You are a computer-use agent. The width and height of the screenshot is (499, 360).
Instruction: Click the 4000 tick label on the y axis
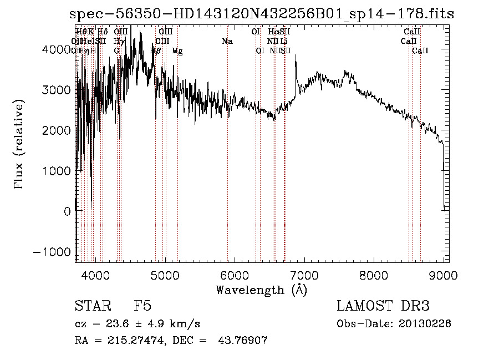(x=57, y=49)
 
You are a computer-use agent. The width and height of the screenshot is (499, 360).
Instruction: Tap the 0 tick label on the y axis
(x=66, y=211)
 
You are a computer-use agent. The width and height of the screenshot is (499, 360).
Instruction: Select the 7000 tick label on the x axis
(x=304, y=275)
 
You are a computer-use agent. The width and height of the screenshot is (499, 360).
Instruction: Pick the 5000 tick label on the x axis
(x=165, y=275)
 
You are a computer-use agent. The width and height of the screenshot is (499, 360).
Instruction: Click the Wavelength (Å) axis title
(x=261, y=290)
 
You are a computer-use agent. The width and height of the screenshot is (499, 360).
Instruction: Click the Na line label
(x=227, y=41)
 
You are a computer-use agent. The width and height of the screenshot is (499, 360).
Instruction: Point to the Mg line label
(x=177, y=51)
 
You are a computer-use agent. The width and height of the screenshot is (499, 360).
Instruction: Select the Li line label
(x=283, y=41)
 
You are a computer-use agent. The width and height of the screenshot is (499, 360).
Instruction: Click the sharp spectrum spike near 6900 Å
(x=296, y=58)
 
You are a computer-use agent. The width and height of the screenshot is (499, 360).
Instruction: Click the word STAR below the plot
(x=93, y=306)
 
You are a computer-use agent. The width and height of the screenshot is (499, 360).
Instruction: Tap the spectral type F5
(x=143, y=306)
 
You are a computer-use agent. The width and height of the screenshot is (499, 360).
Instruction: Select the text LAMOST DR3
(x=383, y=306)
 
